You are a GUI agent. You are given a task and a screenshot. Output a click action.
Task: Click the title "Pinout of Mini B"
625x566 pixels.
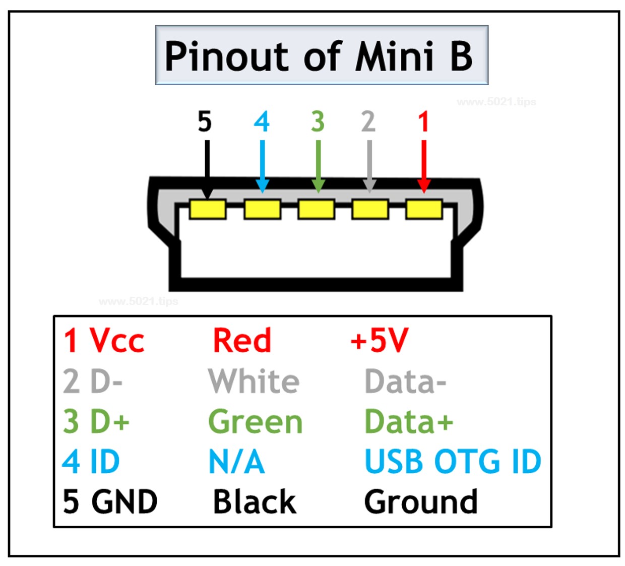319,55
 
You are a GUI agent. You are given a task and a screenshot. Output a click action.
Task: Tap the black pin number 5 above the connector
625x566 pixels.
204,121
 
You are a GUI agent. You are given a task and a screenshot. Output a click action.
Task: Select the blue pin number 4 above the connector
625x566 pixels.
262,121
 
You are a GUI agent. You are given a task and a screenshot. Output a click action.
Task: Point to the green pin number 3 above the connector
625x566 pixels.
318,121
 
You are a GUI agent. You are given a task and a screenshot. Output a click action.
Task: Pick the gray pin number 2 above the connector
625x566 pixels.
368,121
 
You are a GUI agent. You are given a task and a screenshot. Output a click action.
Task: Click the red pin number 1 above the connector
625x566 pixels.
423,121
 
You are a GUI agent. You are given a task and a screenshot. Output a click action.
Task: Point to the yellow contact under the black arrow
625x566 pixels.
208,209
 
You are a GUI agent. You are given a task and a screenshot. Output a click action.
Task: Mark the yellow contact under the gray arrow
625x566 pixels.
370,209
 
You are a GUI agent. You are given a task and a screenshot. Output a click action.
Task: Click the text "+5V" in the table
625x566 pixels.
379,340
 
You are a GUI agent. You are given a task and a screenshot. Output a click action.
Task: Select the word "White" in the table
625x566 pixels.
254,381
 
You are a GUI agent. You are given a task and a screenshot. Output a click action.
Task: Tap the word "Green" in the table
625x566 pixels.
255,421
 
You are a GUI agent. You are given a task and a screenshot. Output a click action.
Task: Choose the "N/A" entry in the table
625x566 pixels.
236,461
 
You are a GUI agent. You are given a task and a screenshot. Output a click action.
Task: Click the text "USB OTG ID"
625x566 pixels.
452,461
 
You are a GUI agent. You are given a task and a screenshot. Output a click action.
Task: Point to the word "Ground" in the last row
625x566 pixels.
420,502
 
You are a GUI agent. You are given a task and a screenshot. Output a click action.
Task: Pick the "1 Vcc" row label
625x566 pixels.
104,340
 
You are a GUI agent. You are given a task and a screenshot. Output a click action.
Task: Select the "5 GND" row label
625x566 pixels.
110,502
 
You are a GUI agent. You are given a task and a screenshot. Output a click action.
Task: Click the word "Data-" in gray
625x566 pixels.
405,381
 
